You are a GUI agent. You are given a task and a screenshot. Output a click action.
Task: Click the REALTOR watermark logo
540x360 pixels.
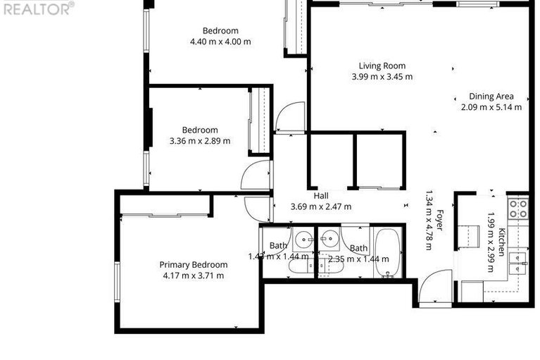(37, 8)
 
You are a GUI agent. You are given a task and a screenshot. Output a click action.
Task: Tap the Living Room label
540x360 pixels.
(382, 66)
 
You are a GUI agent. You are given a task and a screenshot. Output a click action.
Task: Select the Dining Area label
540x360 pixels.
(491, 97)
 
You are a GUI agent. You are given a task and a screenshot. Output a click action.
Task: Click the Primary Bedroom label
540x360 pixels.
(193, 265)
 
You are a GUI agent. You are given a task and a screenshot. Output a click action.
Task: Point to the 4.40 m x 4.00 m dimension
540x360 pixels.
(220, 42)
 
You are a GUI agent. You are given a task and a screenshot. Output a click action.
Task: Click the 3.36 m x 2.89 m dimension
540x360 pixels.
(200, 141)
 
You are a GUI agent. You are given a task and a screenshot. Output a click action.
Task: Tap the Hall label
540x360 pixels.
(321, 196)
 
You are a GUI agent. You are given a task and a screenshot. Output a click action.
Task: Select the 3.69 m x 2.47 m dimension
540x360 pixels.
(321, 206)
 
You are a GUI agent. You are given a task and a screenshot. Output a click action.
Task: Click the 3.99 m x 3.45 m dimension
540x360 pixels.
(382, 77)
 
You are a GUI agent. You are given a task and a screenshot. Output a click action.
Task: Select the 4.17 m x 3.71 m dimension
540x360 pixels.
(193, 275)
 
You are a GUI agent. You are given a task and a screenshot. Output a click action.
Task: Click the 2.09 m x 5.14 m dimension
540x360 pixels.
(491, 107)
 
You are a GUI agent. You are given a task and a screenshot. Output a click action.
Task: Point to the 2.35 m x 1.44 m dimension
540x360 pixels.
(358, 259)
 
